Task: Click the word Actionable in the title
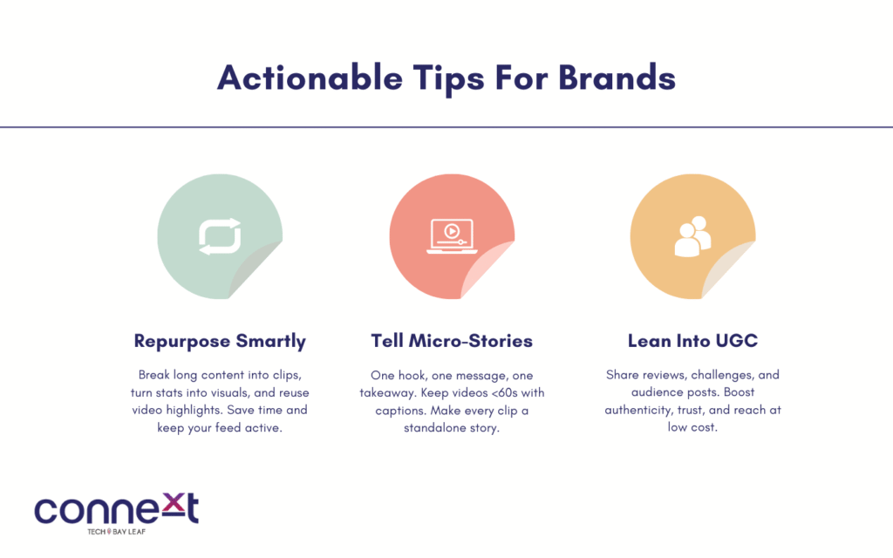coord(310,78)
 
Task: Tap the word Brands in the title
coord(617,78)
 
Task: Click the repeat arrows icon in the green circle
coord(220,236)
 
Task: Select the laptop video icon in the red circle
coord(453,235)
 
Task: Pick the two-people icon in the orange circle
coord(692,236)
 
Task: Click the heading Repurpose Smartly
coord(220,341)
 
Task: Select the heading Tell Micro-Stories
coord(452,341)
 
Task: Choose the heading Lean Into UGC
coord(692,341)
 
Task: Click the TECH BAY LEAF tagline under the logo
coord(116,532)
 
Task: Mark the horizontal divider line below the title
coord(446,127)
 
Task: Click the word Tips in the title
coord(449,78)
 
